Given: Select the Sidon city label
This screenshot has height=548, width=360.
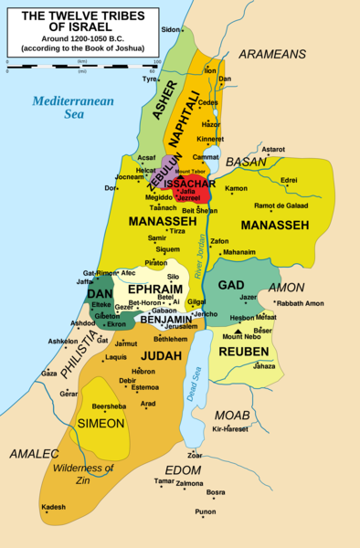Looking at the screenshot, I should click(171, 30).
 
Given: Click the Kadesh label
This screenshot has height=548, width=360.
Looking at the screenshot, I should click(54, 507).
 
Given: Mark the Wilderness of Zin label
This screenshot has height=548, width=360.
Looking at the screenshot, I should click(83, 474).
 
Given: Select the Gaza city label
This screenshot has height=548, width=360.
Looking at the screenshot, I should click(49, 374).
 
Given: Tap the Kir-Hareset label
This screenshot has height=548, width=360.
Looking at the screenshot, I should click(229, 428).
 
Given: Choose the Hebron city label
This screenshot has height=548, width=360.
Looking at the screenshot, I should click(143, 372).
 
